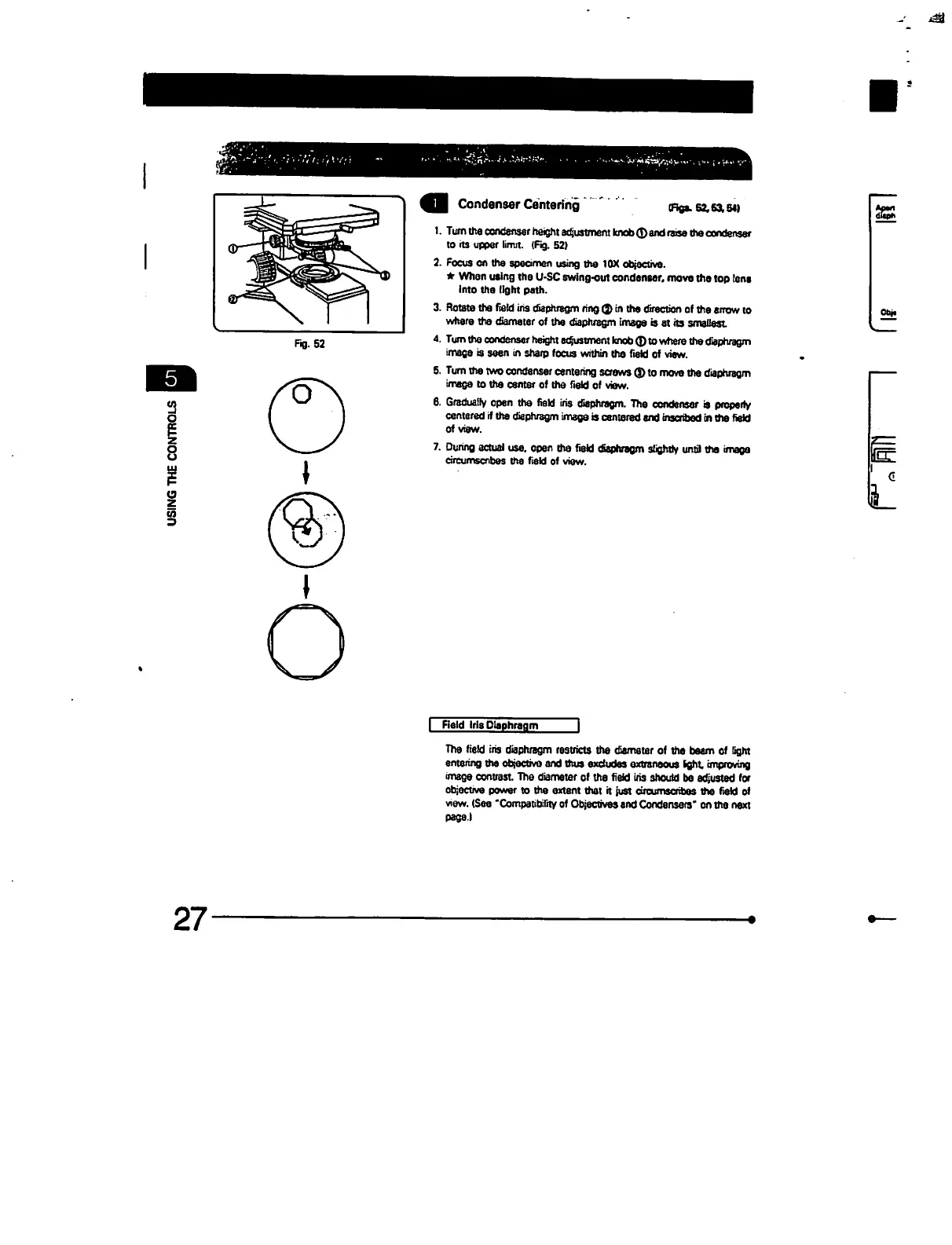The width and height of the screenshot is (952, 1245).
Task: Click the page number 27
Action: tap(190, 920)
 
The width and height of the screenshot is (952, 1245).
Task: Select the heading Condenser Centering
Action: tap(518, 205)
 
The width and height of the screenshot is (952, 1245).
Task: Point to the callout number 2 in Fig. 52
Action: tap(232, 298)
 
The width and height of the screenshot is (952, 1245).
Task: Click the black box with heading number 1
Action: tap(434, 204)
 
